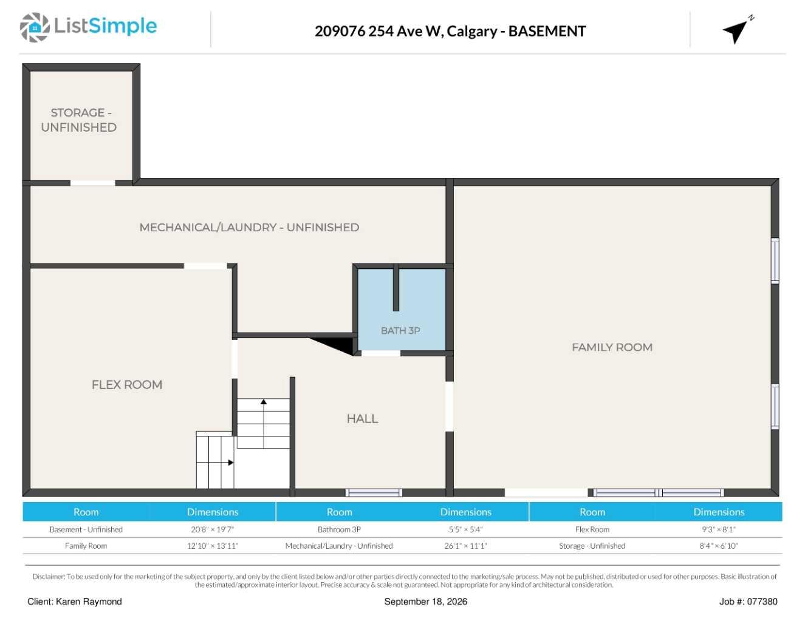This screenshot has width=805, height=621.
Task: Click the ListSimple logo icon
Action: [x=35, y=27]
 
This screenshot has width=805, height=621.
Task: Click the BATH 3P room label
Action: [x=400, y=330]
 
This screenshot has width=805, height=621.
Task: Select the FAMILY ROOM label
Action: [x=612, y=347]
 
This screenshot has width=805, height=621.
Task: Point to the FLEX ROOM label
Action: [x=127, y=384]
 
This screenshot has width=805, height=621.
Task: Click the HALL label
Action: [x=362, y=419]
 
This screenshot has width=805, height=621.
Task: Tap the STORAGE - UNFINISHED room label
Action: [x=79, y=120]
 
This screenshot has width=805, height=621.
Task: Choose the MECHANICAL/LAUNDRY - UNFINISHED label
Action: [x=249, y=227]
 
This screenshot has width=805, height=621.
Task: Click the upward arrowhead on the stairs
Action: [x=264, y=401]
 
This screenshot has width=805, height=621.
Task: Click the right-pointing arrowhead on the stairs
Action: [x=231, y=463]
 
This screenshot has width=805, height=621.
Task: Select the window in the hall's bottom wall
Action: [x=374, y=492]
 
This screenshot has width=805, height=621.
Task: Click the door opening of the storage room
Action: [x=92, y=183]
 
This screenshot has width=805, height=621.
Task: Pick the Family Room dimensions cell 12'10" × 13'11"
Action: [x=212, y=546]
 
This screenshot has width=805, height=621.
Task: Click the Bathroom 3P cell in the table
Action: [x=339, y=529]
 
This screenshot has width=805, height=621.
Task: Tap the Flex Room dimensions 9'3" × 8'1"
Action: [x=719, y=529]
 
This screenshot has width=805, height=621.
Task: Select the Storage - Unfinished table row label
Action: [x=592, y=546]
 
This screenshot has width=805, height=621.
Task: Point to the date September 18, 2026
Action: [x=426, y=602]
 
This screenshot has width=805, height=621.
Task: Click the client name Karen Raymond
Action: [x=89, y=602]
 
